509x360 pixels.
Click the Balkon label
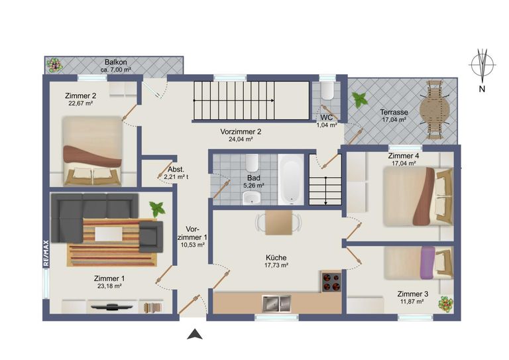coord(115,62)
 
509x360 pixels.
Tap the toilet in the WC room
coord(327,90)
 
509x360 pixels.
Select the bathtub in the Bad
coord(290,180)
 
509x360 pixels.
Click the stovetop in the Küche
coord(331,282)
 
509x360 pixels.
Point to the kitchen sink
coord(276,303)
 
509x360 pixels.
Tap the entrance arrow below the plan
coord(195,334)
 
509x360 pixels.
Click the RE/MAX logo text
coord(46,253)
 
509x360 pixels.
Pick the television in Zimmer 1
coord(111,306)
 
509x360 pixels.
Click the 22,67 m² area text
coord(81,103)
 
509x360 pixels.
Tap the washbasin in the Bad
coord(252,198)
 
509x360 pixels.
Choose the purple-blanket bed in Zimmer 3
coord(419,263)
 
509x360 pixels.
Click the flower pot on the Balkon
coord(54,65)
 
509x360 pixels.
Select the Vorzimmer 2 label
coord(241,132)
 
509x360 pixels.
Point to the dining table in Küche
coord(278,222)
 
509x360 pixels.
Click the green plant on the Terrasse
coord(360,99)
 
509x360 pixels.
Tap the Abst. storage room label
coord(176,169)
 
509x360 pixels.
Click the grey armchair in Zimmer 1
coord(151,237)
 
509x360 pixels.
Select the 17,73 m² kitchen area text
coord(276,265)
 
